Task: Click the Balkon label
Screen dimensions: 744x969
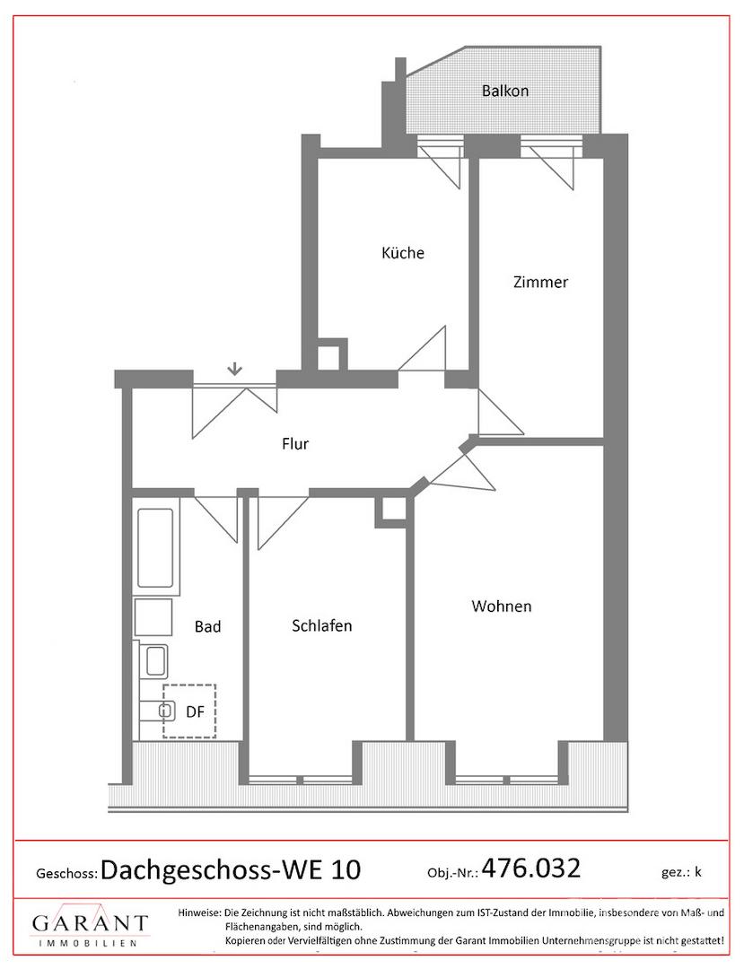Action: pyautogui.click(x=505, y=91)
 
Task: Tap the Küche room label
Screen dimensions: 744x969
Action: pyautogui.click(x=403, y=253)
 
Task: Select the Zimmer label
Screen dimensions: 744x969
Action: pyautogui.click(x=540, y=282)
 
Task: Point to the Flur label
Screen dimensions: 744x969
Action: pyautogui.click(x=294, y=444)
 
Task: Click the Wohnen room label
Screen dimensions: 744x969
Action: pyautogui.click(x=501, y=607)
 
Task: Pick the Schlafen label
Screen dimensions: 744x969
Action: pyautogui.click(x=321, y=626)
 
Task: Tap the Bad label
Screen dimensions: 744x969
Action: pyautogui.click(x=207, y=626)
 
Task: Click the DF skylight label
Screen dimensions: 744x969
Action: pyautogui.click(x=195, y=711)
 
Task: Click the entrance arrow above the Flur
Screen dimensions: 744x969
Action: pyautogui.click(x=234, y=370)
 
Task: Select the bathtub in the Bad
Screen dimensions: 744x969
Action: pyautogui.click(x=155, y=548)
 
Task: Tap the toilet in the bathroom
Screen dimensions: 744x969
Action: pyautogui.click(x=153, y=711)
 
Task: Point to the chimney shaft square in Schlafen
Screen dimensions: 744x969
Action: pyautogui.click(x=391, y=511)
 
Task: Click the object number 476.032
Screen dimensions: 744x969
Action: pyautogui.click(x=530, y=868)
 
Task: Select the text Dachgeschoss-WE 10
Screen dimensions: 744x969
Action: pyautogui.click(x=231, y=869)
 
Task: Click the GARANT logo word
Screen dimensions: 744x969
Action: pyautogui.click(x=91, y=923)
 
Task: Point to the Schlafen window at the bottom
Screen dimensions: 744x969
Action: pyautogui.click(x=300, y=779)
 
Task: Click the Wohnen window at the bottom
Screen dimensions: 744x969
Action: pyautogui.click(x=507, y=779)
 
